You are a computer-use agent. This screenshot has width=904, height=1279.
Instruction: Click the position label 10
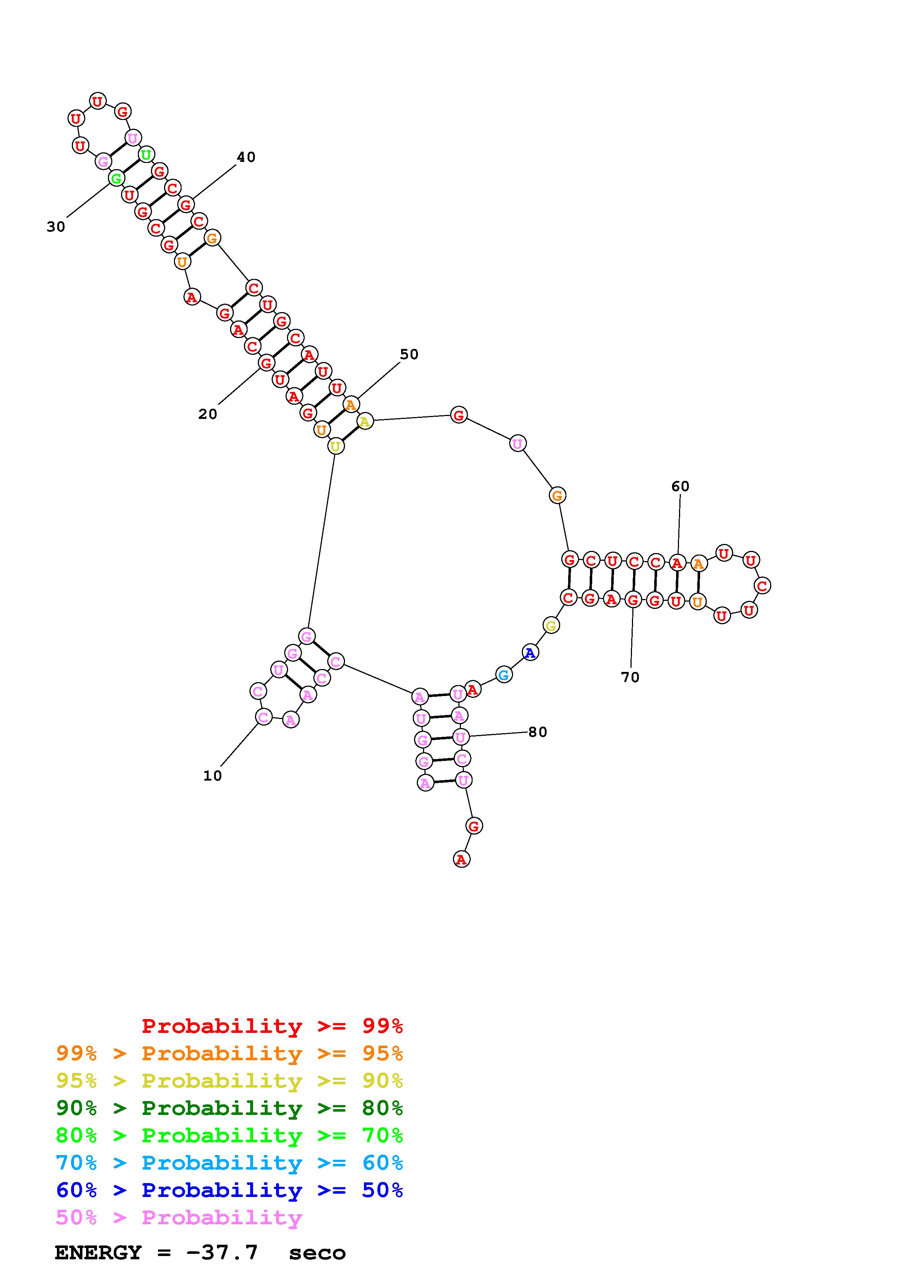point(212,776)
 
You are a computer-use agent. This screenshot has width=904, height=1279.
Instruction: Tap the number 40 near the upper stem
point(246,158)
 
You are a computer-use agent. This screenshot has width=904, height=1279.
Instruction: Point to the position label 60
point(680,487)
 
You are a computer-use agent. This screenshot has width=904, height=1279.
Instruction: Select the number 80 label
point(538,732)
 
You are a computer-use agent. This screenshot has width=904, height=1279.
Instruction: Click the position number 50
point(409,355)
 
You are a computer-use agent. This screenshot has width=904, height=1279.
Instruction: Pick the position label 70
point(630,677)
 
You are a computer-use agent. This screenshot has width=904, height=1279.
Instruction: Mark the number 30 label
point(56,227)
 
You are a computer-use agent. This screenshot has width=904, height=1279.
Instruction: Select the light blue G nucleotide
point(504,675)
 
